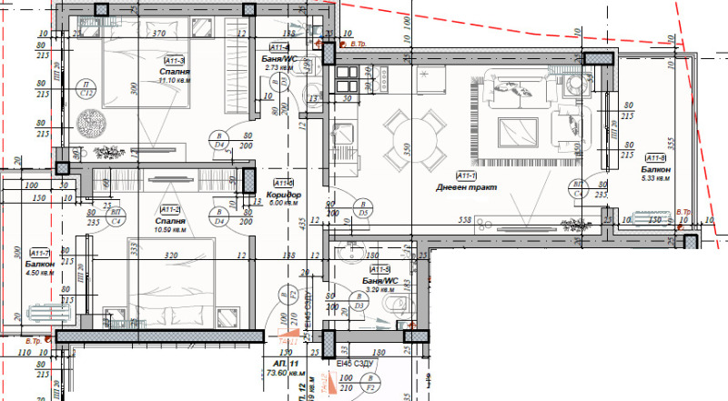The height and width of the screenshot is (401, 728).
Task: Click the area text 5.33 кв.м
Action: tap(655, 178)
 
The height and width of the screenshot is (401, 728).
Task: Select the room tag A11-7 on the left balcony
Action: tap(39, 253)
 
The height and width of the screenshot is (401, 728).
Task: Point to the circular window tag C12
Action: tap(87, 89)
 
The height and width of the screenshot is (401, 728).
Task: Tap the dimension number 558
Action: tap(465, 221)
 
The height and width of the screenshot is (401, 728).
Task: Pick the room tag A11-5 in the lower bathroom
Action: tap(380, 269)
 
